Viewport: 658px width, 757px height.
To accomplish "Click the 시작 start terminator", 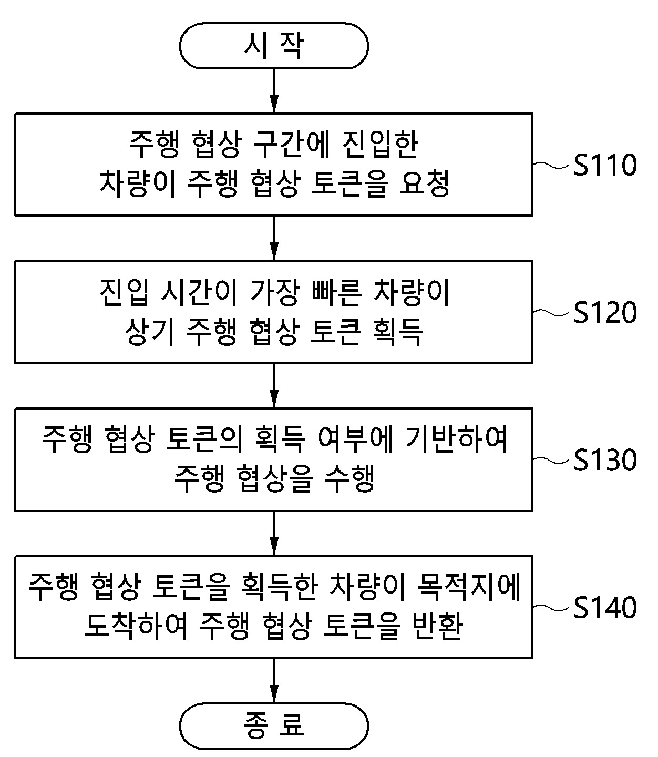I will pyautogui.click(x=273, y=46).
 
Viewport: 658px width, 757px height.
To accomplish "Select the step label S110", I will pyautogui.click(x=604, y=165).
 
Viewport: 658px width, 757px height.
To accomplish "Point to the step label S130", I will pyautogui.click(x=604, y=460).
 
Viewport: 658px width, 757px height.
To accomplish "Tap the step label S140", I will pyautogui.click(x=604, y=608).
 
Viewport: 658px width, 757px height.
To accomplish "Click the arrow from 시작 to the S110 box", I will pyautogui.click(x=273, y=90).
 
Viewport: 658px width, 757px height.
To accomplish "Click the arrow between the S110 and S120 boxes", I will pyautogui.click(x=273, y=238).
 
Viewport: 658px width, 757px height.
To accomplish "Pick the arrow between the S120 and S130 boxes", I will pyautogui.click(x=273, y=385).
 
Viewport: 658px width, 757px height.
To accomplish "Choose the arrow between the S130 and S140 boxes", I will pyautogui.click(x=273, y=533).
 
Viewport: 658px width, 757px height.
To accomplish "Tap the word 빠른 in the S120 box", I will pyautogui.click(x=336, y=293).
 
